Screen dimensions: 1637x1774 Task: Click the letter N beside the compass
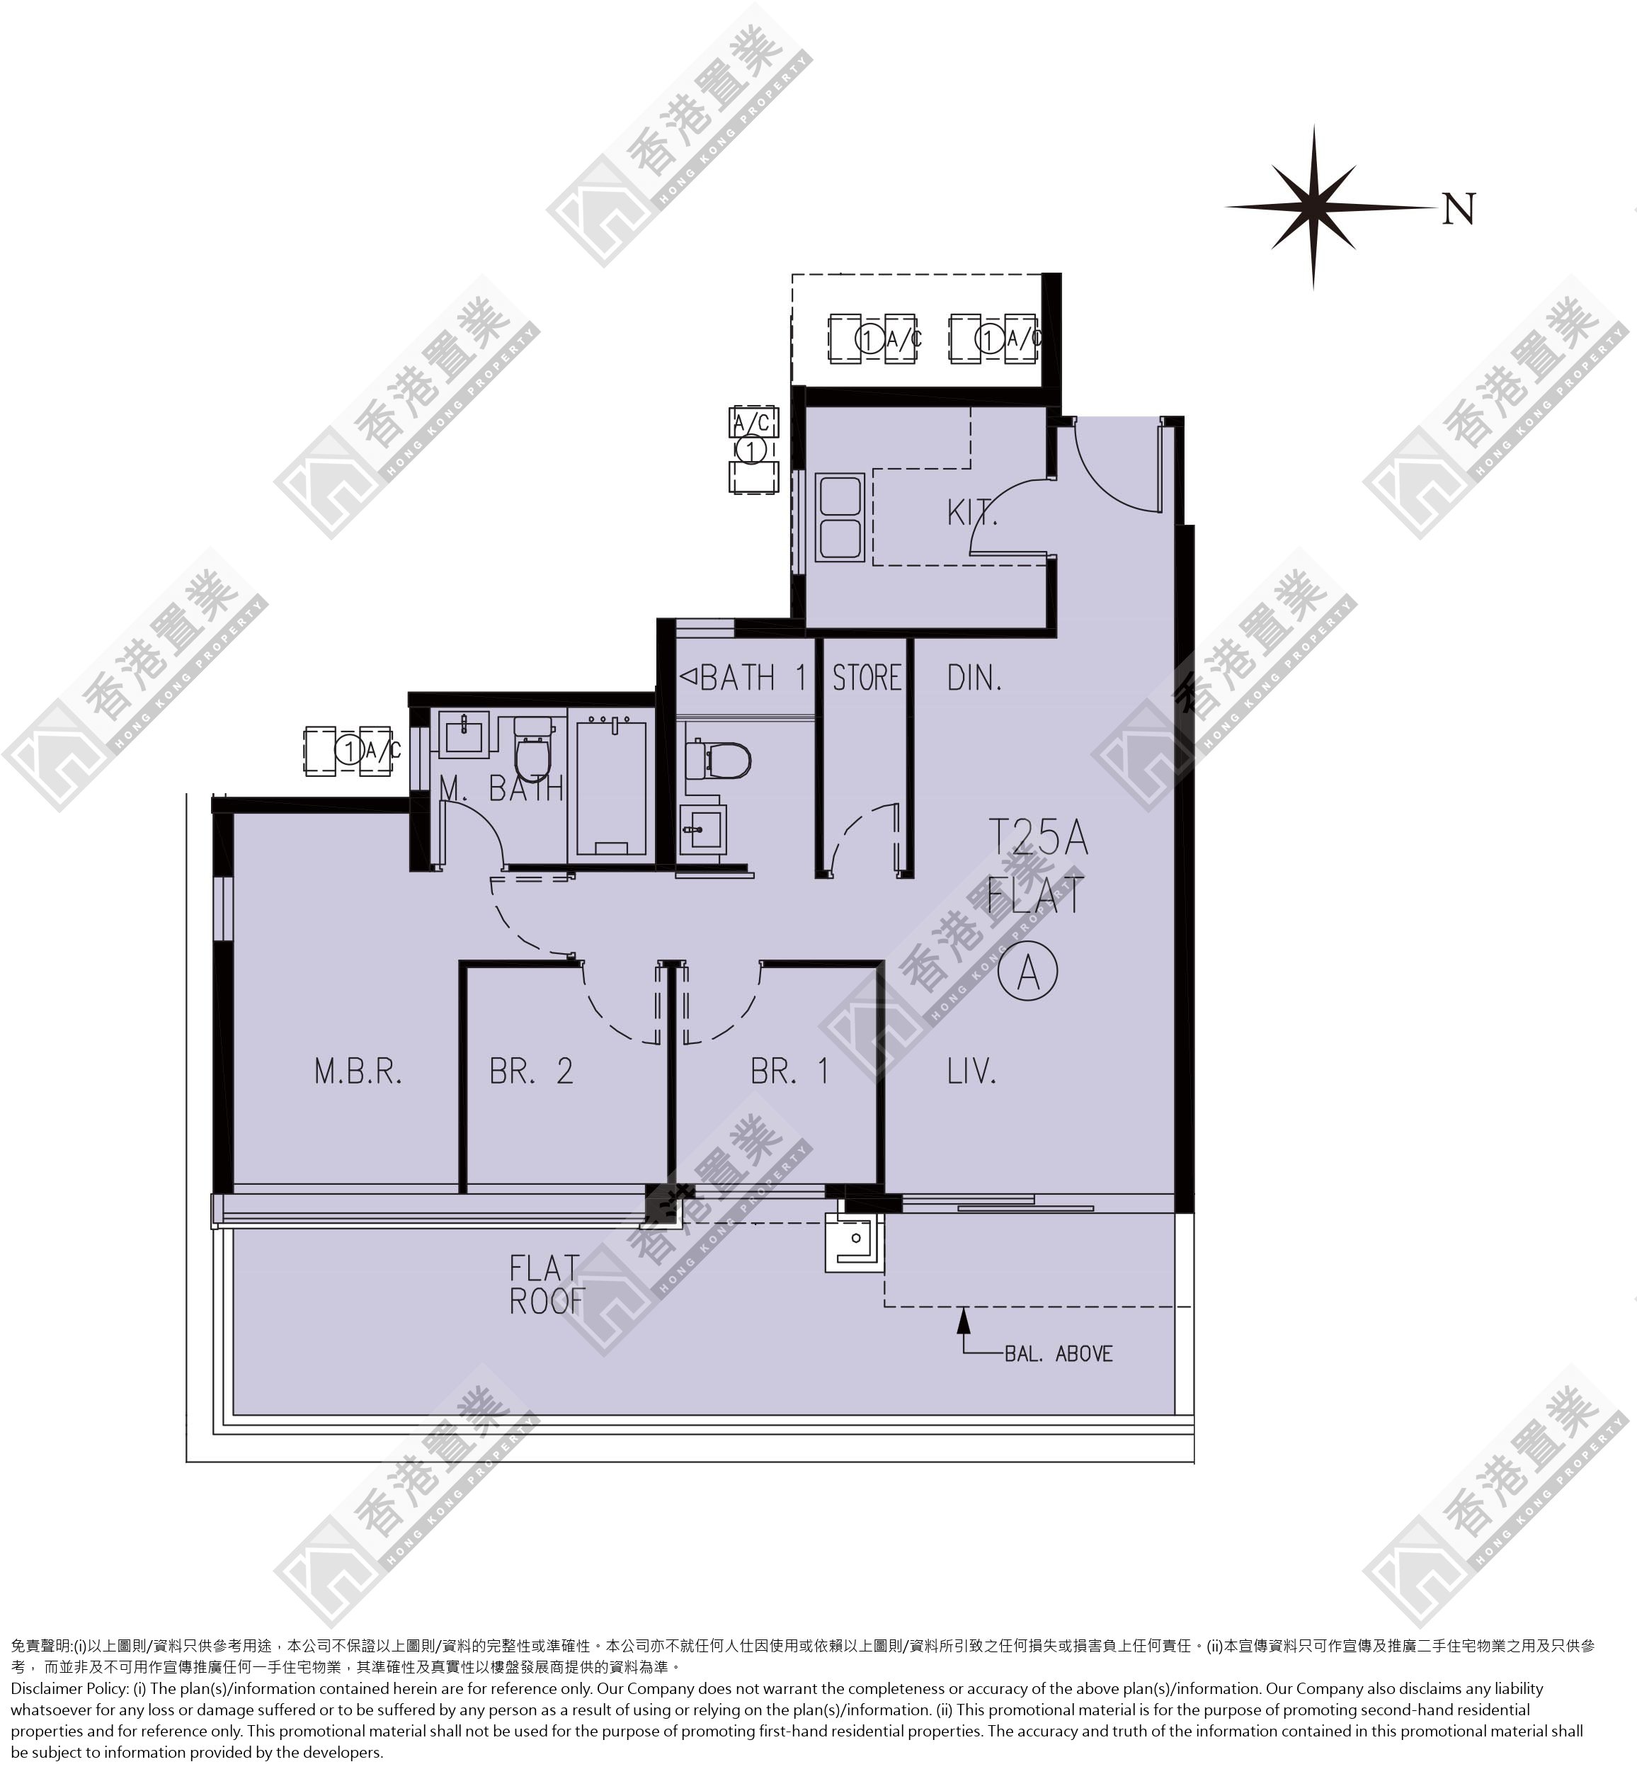click(x=1459, y=209)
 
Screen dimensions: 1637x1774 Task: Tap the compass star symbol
click(x=1313, y=207)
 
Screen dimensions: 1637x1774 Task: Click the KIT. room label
click(x=971, y=512)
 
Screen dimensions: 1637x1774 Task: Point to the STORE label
click(x=867, y=678)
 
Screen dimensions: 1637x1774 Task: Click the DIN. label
click(x=974, y=678)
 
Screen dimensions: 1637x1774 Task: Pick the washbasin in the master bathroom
click(x=465, y=734)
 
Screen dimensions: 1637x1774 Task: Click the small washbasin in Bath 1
click(x=702, y=829)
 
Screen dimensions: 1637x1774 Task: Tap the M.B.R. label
click(x=358, y=1071)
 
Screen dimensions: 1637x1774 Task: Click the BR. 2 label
click(x=532, y=1071)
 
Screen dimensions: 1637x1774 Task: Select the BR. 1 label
click(x=789, y=1071)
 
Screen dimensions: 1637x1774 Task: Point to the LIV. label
click(x=971, y=1071)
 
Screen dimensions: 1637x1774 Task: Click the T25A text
click(x=1037, y=837)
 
